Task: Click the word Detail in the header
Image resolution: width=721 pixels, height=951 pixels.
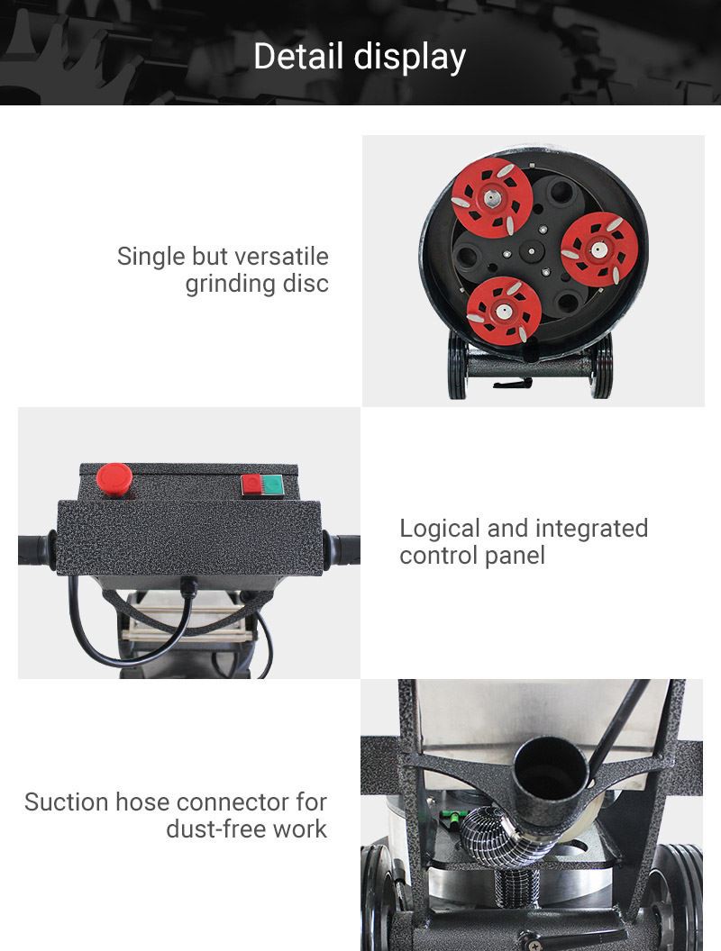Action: (298, 57)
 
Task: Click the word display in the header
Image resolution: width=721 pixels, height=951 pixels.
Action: (410, 58)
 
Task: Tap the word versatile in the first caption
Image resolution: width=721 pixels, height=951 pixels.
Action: (281, 256)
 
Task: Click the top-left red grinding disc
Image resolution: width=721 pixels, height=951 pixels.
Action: (492, 196)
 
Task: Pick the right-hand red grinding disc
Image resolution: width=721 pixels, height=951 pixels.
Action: (599, 249)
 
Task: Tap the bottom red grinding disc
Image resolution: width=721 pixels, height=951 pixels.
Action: (504, 311)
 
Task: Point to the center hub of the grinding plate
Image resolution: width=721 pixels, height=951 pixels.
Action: (532, 250)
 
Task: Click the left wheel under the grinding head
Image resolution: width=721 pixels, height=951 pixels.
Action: (457, 365)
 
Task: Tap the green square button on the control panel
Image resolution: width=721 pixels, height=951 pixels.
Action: (273, 485)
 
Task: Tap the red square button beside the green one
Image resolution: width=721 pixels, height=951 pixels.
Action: (251, 485)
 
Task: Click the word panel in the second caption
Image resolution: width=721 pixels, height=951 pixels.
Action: (517, 557)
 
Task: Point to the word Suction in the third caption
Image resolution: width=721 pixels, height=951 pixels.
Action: (67, 802)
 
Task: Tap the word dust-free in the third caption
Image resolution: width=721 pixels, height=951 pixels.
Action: (216, 829)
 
